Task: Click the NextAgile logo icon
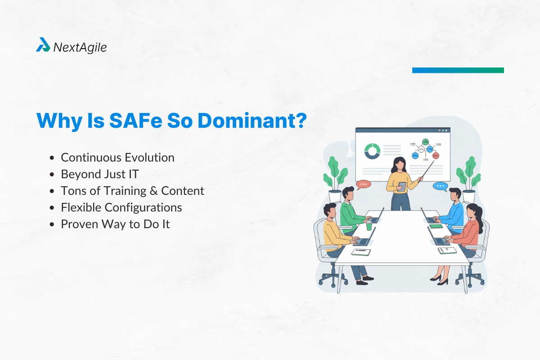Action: [x=43, y=45]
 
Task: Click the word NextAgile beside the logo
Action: [x=80, y=47]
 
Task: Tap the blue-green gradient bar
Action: [x=458, y=70]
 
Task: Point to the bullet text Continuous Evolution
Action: [x=117, y=157]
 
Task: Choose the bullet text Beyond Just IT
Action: [x=99, y=174]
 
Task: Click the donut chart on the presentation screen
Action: [x=372, y=151]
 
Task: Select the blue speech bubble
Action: [x=440, y=186]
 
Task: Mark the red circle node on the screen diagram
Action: [x=436, y=156]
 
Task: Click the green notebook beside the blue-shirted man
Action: [x=436, y=226]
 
